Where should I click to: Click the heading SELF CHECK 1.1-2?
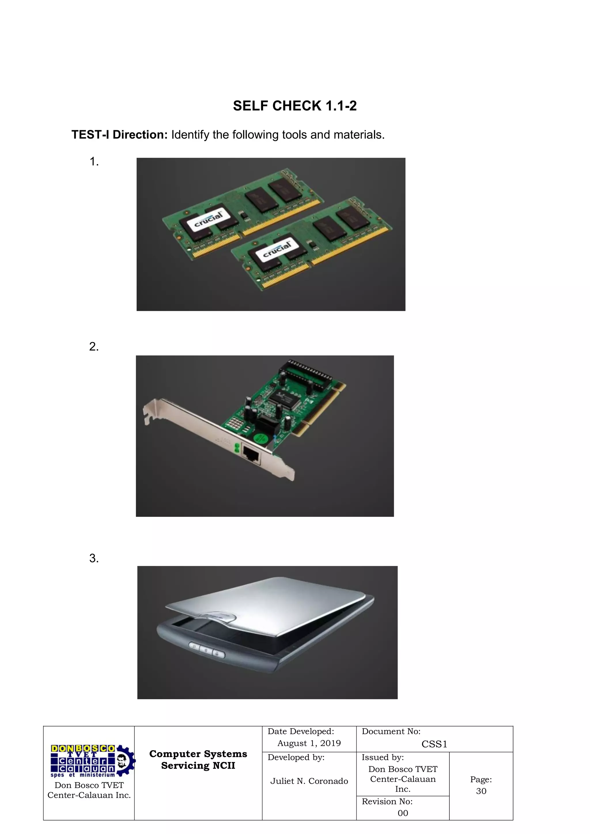point(295,106)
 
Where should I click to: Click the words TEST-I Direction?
point(119,135)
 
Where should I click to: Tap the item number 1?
point(94,162)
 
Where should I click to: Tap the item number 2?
point(94,347)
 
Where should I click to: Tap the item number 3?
point(94,558)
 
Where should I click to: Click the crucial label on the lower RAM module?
point(277,249)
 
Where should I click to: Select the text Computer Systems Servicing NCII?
point(198,760)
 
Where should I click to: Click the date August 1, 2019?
point(309,743)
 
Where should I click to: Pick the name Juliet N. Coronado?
point(309,781)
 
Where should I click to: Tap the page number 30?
point(481,791)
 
